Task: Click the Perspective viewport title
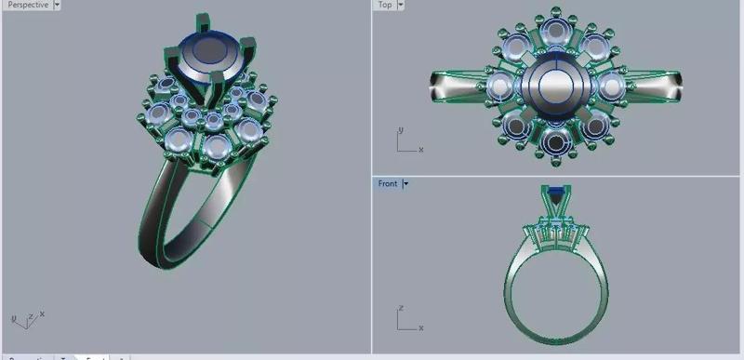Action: tap(28, 5)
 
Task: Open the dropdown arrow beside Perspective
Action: tap(58, 5)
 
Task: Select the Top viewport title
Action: tap(384, 5)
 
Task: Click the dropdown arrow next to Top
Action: tap(401, 5)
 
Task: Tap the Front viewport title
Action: tap(387, 183)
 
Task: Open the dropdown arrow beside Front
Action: tap(405, 183)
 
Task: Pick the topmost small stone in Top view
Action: tap(555, 33)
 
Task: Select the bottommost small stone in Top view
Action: tap(556, 140)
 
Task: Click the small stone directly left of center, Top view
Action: tap(501, 87)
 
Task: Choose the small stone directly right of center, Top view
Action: tap(610, 87)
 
